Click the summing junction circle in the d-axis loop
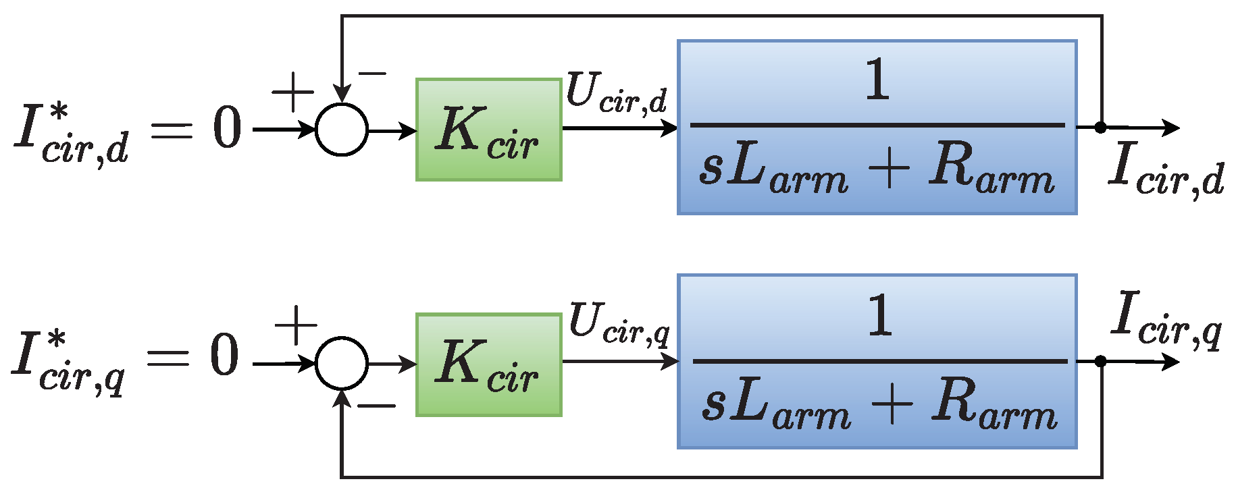(342, 130)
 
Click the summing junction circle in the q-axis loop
(342, 364)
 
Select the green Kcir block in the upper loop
(488, 130)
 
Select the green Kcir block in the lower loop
(488, 364)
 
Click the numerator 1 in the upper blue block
(877, 80)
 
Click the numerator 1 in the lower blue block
(879, 315)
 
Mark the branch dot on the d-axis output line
(1100, 127)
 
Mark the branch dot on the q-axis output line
(1100, 361)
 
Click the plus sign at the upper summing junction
(292, 92)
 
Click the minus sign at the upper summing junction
(372, 73)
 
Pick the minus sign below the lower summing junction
(376, 406)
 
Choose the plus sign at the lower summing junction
(296, 325)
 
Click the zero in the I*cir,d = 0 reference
(227, 128)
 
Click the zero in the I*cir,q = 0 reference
(224, 356)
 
